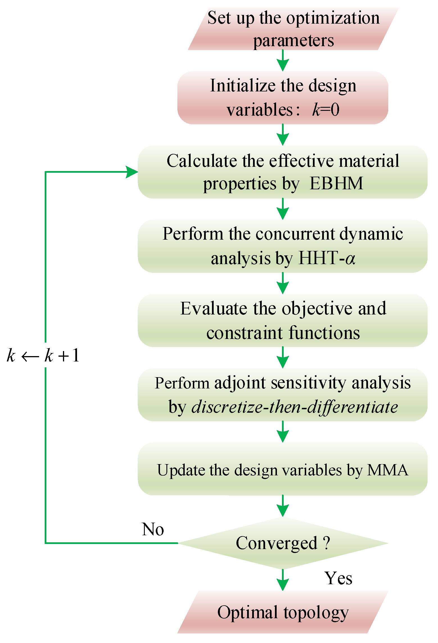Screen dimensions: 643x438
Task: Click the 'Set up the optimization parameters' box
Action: tap(293, 29)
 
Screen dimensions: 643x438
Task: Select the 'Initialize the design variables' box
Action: tap(283, 98)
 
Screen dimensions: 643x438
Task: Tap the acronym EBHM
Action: tap(336, 184)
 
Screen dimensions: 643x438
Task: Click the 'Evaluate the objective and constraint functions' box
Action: tap(283, 320)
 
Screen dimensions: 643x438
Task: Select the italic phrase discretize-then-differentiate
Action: tap(294, 407)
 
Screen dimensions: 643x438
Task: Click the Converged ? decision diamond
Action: tap(283, 543)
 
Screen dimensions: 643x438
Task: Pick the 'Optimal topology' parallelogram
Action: tap(283, 612)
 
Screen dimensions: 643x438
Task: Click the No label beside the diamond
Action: tap(153, 530)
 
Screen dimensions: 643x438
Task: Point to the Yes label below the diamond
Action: tap(338, 579)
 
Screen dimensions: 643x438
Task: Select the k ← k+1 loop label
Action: tap(43, 355)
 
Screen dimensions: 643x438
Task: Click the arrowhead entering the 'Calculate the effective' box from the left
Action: tap(132, 172)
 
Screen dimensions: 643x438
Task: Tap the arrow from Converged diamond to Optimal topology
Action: tap(283, 580)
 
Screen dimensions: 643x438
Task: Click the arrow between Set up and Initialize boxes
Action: tap(283, 60)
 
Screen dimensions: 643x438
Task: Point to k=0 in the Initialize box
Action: tap(326, 109)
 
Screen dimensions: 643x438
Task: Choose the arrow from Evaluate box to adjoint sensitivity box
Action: tap(283, 358)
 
